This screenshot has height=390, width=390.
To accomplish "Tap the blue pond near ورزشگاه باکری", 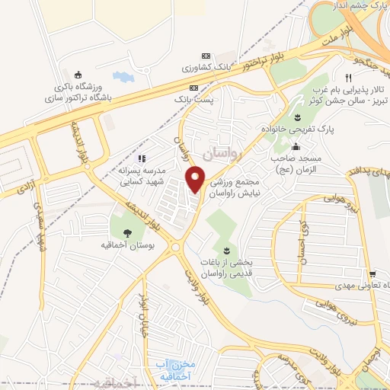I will [122, 76].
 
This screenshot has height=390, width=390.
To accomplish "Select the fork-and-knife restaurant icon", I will [348, 77].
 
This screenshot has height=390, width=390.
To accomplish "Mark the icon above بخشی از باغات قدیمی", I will [225, 250].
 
